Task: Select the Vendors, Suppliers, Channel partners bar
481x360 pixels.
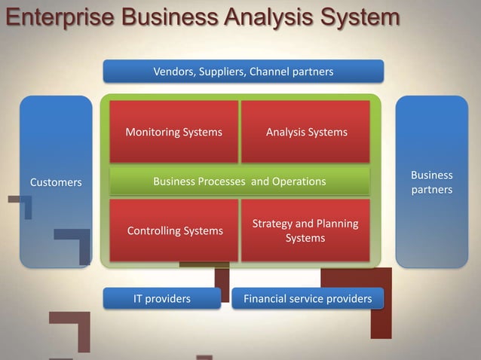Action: click(x=243, y=72)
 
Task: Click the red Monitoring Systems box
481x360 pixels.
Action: click(x=173, y=133)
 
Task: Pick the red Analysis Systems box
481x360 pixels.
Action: click(x=306, y=133)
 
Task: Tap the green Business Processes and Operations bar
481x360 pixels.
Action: click(x=240, y=182)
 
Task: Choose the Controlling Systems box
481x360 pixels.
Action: click(x=173, y=230)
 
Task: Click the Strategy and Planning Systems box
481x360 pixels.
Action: click(x=305, y=230)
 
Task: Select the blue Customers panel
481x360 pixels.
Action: click(x=56, y=182)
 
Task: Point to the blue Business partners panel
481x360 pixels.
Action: click(x=431, y=182)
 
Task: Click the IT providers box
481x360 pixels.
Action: click(x=162, y=299)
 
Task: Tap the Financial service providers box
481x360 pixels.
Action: click(x=308, y=299)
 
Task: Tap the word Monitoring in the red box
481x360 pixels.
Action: click(x=153, y=133)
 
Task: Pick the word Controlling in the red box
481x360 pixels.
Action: click(x=153, y=230)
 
